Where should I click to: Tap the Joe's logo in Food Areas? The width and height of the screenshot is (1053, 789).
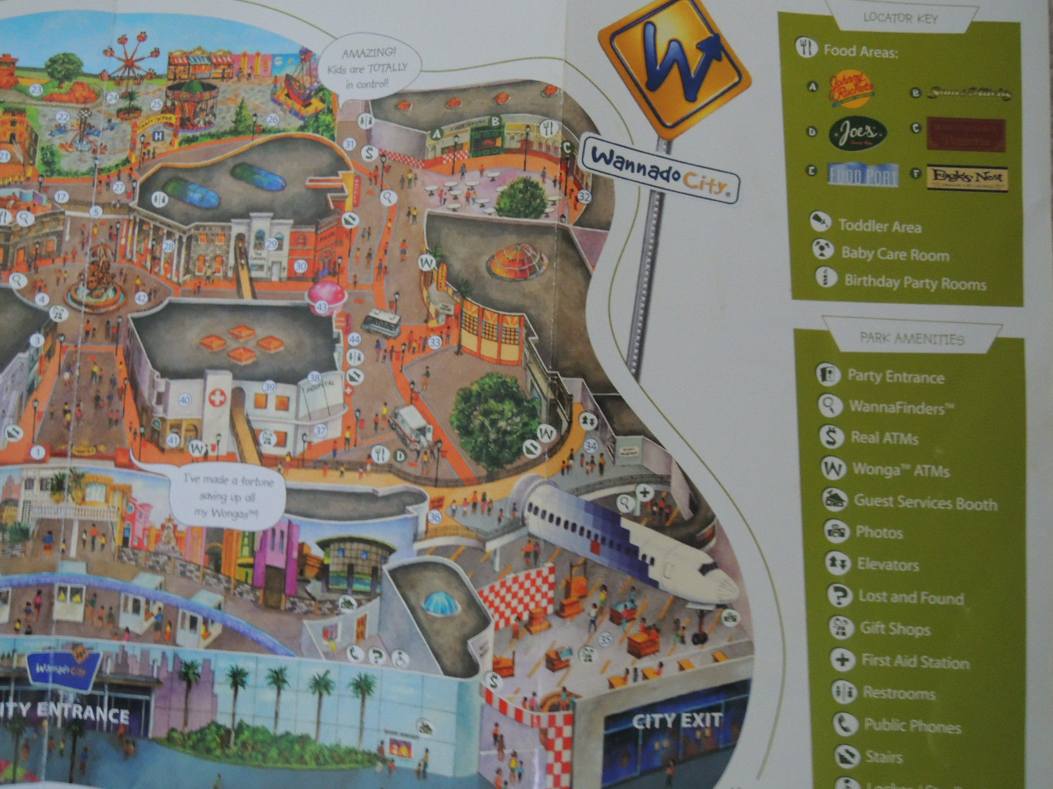(x=858, y=134)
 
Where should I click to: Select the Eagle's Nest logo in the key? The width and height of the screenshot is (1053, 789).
(x=967, y=178)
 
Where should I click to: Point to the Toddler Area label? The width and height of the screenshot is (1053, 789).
(x=879, y=226)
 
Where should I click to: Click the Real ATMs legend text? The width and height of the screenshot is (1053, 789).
(x=883, y=438)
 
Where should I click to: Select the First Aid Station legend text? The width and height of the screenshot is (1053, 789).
(x=915, y=661)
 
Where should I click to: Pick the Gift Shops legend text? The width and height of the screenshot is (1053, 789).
(x=894, y=629)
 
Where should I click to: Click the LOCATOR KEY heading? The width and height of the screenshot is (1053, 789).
(x=900, y=18)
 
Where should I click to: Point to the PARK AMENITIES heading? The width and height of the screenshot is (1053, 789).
(x=912, y=339)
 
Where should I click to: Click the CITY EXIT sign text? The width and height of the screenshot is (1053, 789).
(x=677, y=721)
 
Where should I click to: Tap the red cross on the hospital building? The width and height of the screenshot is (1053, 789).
(x=217, y=398)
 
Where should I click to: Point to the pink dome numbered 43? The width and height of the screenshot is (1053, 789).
(x=328, y=294)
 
